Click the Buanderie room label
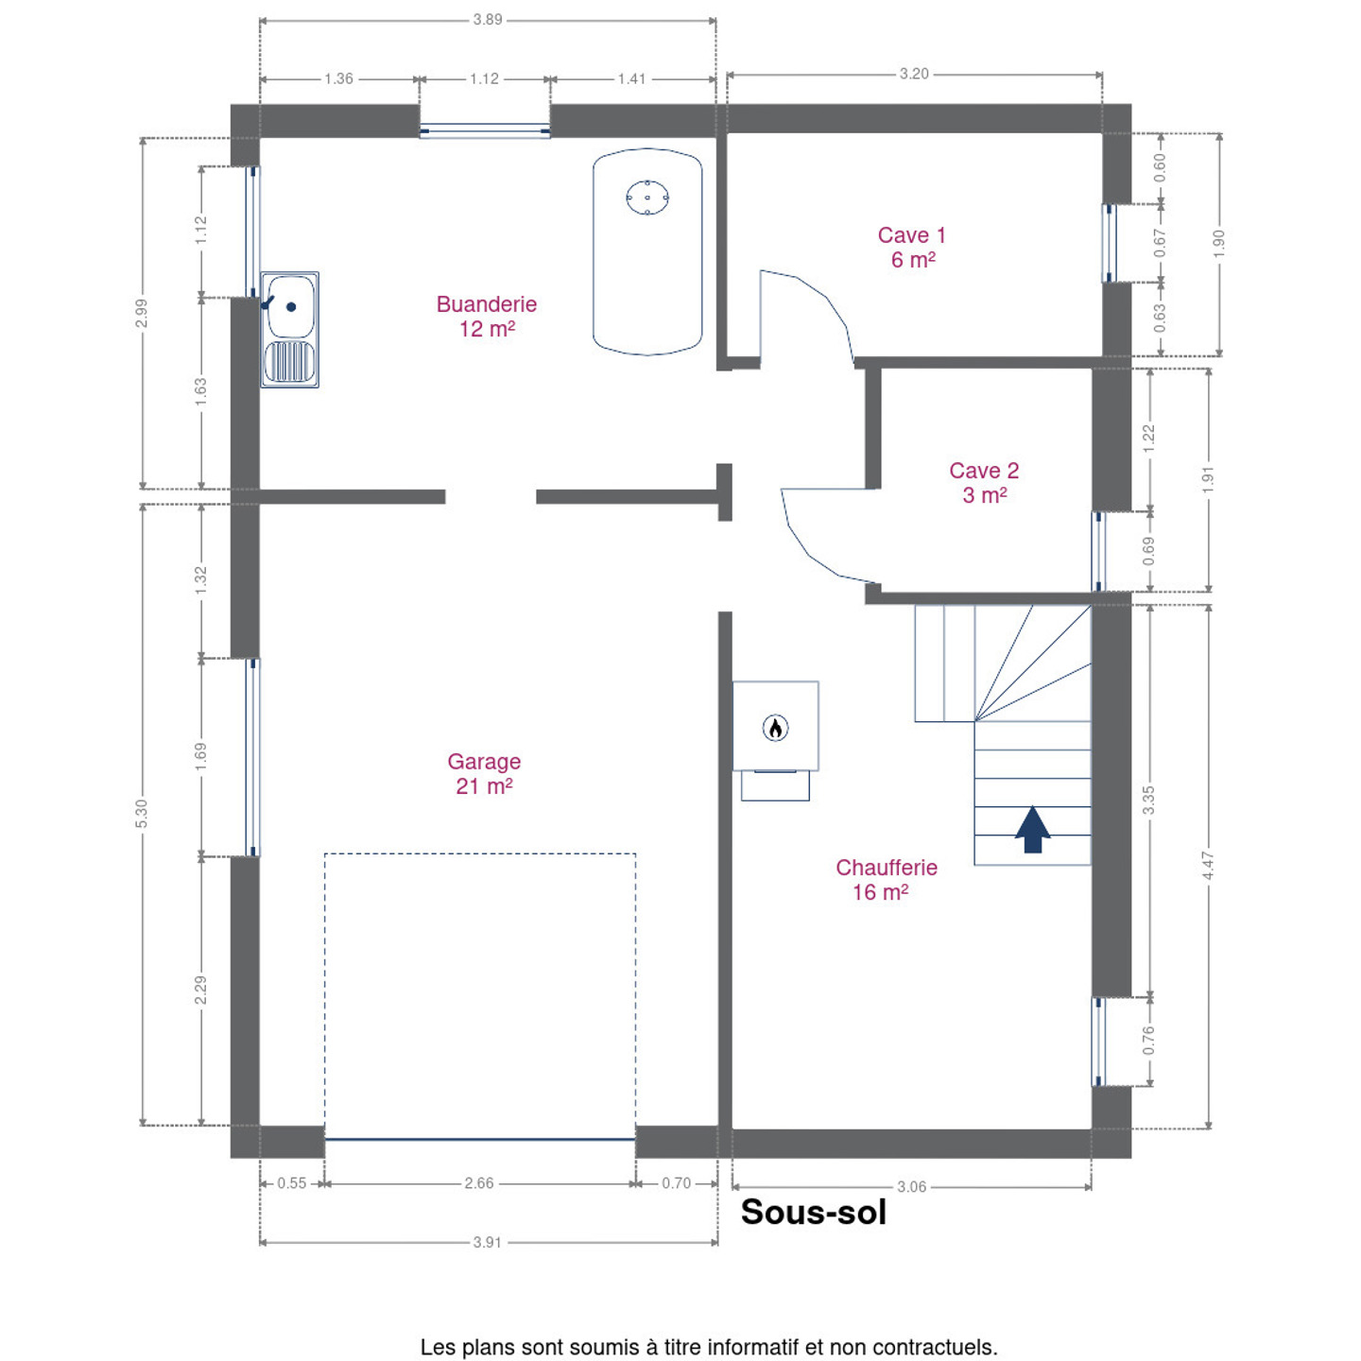[x=486, y=316]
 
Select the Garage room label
[x=484, y=773]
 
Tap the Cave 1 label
[x=912, y=248]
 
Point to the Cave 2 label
[x=984, y=482]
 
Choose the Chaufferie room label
[x=887, y=879]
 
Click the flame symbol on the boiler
[x=776, y=728]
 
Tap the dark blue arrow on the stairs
[x=1033, y=829]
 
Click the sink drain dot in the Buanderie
[x=291, y=307]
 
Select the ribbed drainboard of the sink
[x=289, y=362]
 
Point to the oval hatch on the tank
[x=647, y=197]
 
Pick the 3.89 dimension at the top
[x=488, y=20]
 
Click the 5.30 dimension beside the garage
[x=142, y=814]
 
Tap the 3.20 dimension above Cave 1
[x=914, y=74]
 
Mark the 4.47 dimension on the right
[x=1209, y=865]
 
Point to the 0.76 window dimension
[x=1149, y=1041]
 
